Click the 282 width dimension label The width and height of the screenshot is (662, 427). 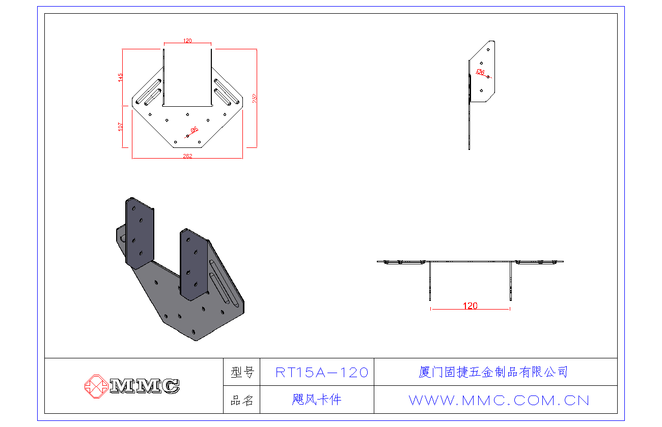tap(187, 156)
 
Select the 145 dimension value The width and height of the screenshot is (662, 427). tap(121, 77)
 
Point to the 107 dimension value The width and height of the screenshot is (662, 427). tap(121, 127)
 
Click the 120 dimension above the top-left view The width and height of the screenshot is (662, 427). tap(187, 41)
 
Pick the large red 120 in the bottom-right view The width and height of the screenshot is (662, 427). tap(470, 306)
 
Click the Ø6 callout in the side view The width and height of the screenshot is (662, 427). tap(480, 72)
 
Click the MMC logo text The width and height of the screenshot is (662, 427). tap(144, 386)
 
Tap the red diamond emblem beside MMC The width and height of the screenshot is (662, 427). tap(95, 386)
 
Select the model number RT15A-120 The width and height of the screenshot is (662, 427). tap(321, 373)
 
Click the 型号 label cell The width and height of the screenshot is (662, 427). tap(242, 373)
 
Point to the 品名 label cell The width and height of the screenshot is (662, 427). tap(242, 400)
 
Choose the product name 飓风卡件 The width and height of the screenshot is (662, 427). tap(317, 400)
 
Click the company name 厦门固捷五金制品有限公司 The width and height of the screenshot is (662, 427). tap(493, 372)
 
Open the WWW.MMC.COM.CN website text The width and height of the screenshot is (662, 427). tap(499, 401)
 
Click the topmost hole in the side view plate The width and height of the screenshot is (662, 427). tap(488, 50)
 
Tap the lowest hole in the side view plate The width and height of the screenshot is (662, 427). tap(481, 90)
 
